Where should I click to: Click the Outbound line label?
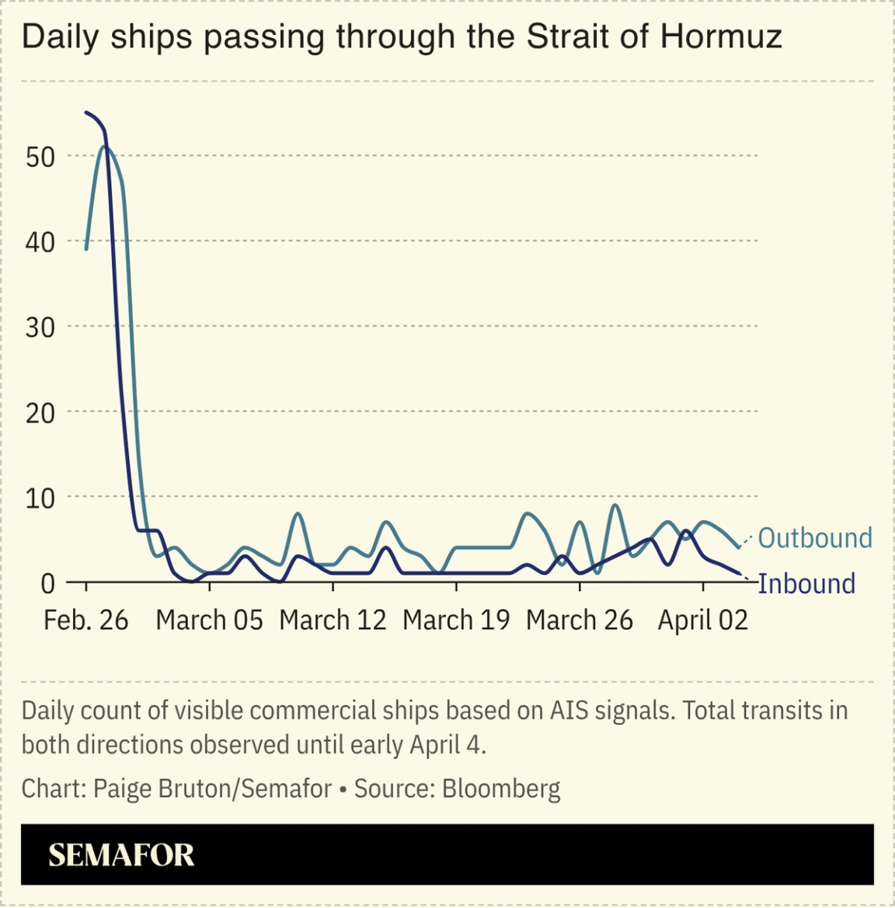[x=814, y=537]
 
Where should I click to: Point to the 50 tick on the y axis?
[x=40, y=156]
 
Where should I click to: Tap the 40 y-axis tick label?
[x=40, y=242]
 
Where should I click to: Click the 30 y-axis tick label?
[x=40, y=327]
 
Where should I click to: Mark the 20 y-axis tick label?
[x=40, y=412]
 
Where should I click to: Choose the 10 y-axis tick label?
[x=40, y=497]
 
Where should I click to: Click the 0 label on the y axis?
[x=48, y=583]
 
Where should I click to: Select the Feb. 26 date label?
[x=85, y=620]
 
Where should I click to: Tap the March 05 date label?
[x=209, y=620]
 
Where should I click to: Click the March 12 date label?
[x=333, y=620]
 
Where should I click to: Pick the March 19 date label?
[x=456, y=620]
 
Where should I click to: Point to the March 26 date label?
[x=580, y=620]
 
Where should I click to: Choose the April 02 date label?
[x=702, y=620]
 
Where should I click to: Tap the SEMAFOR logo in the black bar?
[x=121, y=855]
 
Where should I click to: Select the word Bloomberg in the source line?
[x=501, y=788]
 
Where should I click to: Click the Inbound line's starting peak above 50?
[x=86, y=113]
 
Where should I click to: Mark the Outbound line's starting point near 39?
[x=86, y=249]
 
